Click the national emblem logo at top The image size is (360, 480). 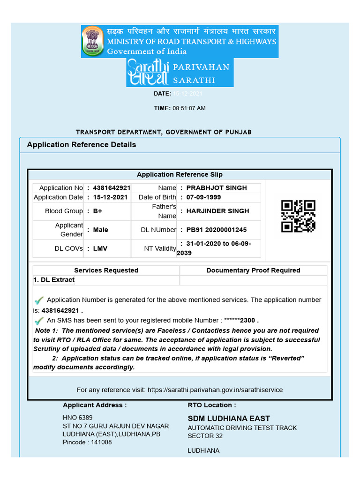pos(93,41)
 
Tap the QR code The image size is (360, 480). pos(298,216)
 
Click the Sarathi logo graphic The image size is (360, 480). pos(147,73)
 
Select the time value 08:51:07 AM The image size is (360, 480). pos(189,108)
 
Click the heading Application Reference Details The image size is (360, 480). pos(82,144)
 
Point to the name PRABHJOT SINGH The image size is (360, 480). pos(217,188)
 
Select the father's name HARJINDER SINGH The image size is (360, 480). pos(217,211)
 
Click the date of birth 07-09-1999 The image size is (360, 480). pos(203,197)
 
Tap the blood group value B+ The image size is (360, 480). pos(97,211)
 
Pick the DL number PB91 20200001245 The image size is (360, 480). pos(217,230)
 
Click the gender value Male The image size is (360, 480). pos(100,230)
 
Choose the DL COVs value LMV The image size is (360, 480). pos(100,248)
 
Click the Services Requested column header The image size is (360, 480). pos(106,270)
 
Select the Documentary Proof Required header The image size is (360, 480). pos(253,270)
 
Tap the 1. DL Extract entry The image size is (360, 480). pos(54,280)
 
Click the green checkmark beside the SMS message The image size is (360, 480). pos(39,321)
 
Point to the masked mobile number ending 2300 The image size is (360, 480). pos(240,321)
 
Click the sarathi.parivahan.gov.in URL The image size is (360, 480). pos(215,390)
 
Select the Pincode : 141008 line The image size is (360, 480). pos(87,442)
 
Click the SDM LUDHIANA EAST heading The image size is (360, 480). pos(229,418)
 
